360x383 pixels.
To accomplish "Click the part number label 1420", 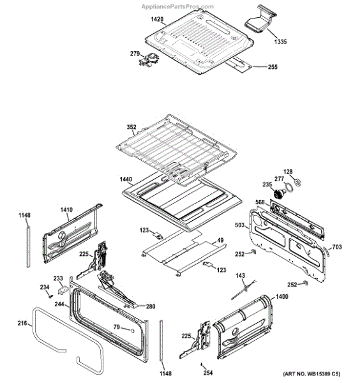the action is (x=157, y=19).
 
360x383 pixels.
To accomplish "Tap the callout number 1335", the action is (x=280, y=41).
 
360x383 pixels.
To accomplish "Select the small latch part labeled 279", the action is (x=149, y=60).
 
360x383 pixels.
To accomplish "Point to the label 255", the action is (x=273, y=66).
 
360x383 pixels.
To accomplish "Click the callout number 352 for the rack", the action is (x=131, y=127).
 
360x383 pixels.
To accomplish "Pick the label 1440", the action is (x=126, y=179).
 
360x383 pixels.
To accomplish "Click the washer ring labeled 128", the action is (x=298, y=183).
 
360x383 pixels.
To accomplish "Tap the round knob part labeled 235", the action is (x=278, y=195).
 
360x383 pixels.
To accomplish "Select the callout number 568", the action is (x=260, y=202).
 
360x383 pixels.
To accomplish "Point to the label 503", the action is (x=239, y=225).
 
